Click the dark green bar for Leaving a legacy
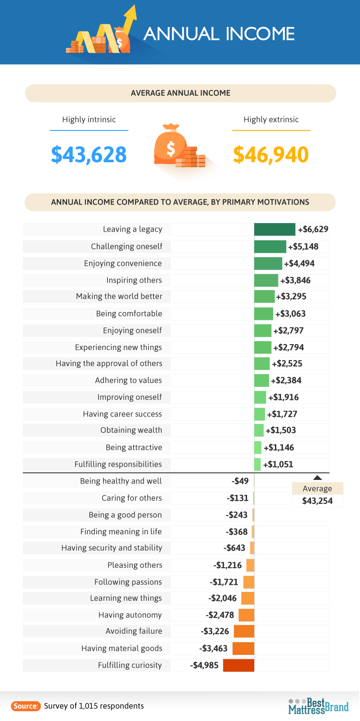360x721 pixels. point(274,229)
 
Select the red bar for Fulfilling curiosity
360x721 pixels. point(238,665)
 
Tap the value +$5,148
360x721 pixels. point(303,246)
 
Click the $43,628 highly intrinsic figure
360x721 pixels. point(89,154)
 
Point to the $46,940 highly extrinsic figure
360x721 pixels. point(271,154)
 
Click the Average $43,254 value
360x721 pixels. point(317,501)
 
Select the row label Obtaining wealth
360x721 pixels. point(131,430)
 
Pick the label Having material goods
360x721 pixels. point(121,648)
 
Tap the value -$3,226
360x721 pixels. point(215,631)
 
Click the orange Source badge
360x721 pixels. point(26,706)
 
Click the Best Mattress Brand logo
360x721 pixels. point(318,706)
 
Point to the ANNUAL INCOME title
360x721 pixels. point(219,34)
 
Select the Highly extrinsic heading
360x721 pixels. point(271,120)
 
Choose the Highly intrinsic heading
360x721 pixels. point(89,120)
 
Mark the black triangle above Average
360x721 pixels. point(317,478)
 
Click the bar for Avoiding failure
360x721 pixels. point(244,631)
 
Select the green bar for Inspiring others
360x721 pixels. point(266,280)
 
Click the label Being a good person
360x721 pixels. point(125,515)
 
